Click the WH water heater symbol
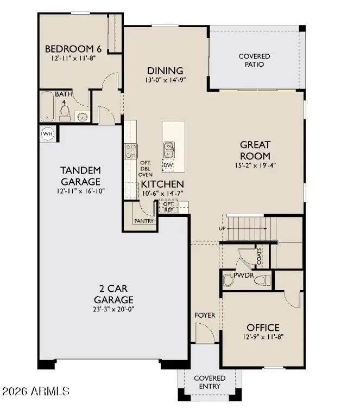point(48,134)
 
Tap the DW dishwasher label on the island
point(168,165)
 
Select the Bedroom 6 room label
point(73,49)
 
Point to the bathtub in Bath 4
point(47,106)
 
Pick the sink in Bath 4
point(83,117)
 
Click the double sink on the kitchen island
point(169,150)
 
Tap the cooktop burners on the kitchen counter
point(130,151)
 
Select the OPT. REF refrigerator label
point(169,207)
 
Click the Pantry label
point(144,221)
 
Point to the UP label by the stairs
point(222,228)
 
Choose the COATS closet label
point(259,256)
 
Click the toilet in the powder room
point(265,280)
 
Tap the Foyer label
point(205,315)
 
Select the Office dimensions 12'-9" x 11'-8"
point(263,337)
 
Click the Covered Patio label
point(254,60)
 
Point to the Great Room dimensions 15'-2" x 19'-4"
point(255,165)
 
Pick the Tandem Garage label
point(81,176)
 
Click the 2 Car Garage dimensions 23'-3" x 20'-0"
point(113,309)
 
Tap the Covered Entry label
point(210,382)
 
